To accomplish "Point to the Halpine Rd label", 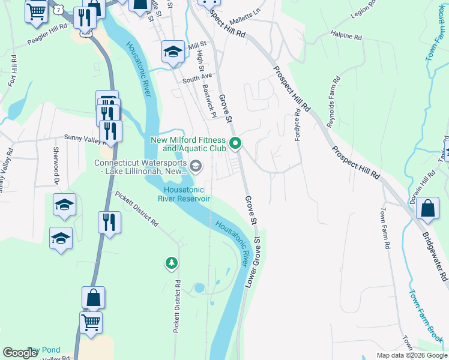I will pyautogui.click(x=346, y=37).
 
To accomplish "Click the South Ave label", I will pyautogui.click(x=197, y=78).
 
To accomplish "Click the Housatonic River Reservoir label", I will pyautogui.click(x=184, y=194).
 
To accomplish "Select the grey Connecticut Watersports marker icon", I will pyautogui.click(x=195, y=166).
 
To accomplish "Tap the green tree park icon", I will pyautogui.click(x=172, y=263).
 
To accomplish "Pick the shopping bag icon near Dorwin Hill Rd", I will pyautogui.click(x=429, y=209).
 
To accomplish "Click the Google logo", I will pyautogui.click(x=20, y=353).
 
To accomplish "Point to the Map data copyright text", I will pyautogui.click(x=411, y=355).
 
